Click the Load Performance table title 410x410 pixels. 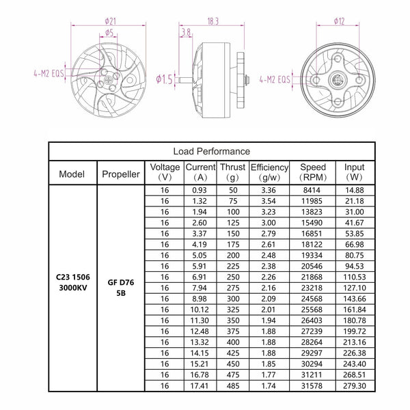click(x=211, y=151)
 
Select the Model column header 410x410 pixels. click(x=72, y=174)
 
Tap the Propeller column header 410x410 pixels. click(x=120, y=174)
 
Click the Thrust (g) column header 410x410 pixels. click(x=233, y=173)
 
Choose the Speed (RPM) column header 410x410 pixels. click(x=312, y=173)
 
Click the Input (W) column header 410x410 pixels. click(x=354, y=173)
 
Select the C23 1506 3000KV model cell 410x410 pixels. click(x=72, y=284)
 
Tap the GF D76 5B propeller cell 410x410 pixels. click(x=120, y=289)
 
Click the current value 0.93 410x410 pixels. click(x=200, y=189)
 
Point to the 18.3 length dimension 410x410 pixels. click(x=212, y=23)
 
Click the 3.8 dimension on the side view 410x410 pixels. click(x=185, y=31)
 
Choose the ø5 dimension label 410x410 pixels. click(x=109, y=32)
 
